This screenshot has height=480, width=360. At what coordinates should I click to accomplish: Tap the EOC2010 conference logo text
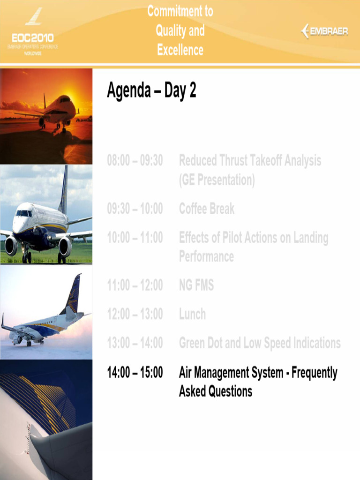(x=32, y=37)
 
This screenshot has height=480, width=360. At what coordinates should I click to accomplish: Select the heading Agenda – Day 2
(x=151, y=91)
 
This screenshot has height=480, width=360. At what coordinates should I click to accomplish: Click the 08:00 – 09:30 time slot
(x=135, y=161)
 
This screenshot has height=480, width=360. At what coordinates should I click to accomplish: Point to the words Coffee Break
(x=207, y=209)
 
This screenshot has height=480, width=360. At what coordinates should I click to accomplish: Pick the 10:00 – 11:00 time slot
(x=135, y=238)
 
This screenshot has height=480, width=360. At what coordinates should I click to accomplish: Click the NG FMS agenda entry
(x=196, y=285)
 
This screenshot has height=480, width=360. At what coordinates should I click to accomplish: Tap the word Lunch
(x=192, y=314)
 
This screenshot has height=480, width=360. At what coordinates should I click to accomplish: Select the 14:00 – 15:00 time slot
(x=135, y=373)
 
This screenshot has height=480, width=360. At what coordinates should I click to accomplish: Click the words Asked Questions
(x=216, y=391)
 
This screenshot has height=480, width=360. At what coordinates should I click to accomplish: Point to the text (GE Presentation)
(x=217, y=180)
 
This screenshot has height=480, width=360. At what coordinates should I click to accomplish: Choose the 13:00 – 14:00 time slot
(x=135, y=343)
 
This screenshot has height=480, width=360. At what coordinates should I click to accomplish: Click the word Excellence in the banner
(x=180, y=50)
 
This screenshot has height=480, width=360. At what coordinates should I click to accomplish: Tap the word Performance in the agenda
(x=206, y=256)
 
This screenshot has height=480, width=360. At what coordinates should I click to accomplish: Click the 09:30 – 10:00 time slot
(x=135, y=209)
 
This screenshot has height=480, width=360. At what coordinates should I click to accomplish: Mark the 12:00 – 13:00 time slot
(x=135, y=314)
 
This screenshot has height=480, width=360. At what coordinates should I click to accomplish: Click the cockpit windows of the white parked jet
(x=24, y=213)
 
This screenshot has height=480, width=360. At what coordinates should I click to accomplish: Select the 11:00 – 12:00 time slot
(x=135, y=285)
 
